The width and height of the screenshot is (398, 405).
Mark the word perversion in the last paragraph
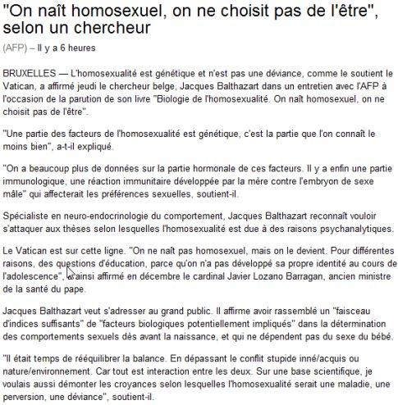coord(30,395)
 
